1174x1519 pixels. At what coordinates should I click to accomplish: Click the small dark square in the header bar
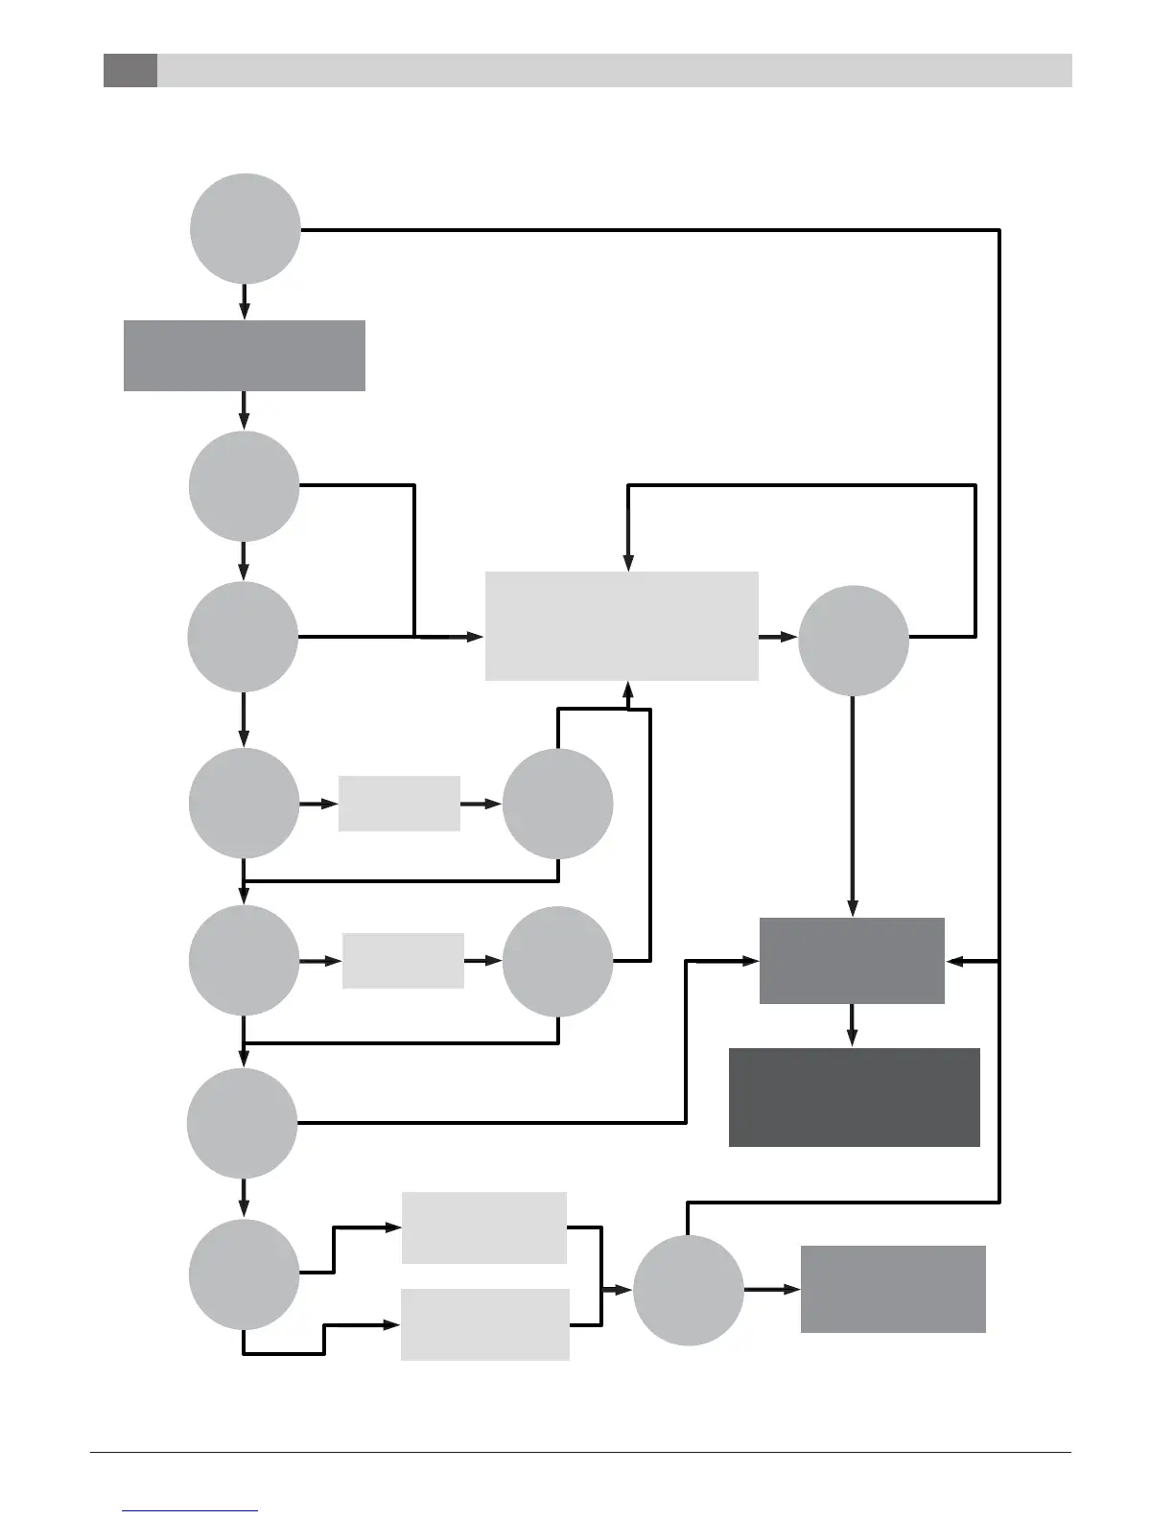(x=130, y=70)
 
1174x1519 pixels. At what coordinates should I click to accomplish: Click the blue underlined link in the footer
(x=190, y=1511)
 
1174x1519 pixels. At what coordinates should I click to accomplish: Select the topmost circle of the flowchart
(x=246, y=229)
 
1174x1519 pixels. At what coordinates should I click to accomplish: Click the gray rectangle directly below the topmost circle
(x=245, y=356)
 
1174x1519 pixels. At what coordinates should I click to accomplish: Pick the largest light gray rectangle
(x=622, y=626)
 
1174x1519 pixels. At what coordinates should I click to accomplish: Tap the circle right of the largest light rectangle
(x=853, y=640)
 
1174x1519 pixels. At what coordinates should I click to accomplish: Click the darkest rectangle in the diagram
(x=854, y=1097)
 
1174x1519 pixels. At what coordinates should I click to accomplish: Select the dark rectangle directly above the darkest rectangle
(x=852, y=961)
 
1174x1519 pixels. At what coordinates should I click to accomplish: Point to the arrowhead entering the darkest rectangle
(x=852, y=1039)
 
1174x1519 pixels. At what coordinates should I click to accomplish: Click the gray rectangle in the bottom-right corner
(x=893, y=1289)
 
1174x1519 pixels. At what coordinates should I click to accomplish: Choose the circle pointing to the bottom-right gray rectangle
(x=688, y=1290)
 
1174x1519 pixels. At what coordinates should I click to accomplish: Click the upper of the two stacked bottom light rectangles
(x=484, y=1227)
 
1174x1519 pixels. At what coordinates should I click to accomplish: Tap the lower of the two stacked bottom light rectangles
(x=484, y=1324)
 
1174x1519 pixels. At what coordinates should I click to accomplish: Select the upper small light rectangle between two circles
(x=399, y=804)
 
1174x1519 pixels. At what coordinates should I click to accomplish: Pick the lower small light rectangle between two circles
(x=403, y=960)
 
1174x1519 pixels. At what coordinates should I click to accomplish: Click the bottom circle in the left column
(x=244, y=1274)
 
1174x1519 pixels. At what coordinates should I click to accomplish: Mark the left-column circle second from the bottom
(x=242, y=1123)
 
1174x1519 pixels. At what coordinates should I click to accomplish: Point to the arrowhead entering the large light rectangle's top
(x=628, y=563)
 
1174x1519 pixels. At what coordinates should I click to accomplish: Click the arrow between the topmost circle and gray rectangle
(x=245, y=302)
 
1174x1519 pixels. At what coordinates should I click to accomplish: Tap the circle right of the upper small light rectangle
(x=557, y=804)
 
